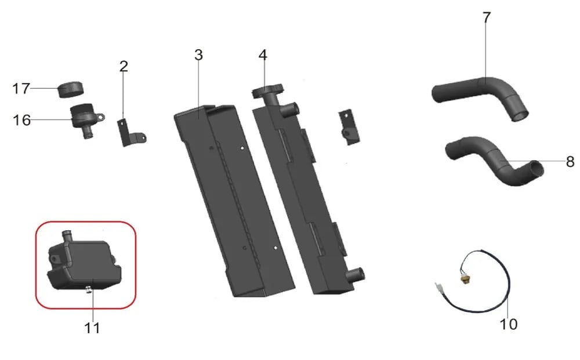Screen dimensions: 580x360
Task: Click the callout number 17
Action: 21,89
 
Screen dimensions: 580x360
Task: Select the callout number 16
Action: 21,120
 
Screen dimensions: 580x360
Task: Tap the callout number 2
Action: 124,67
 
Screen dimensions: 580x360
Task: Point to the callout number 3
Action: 198,55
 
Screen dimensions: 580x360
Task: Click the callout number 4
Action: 263,55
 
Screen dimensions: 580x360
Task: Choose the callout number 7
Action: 487,17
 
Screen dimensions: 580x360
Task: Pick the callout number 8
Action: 570,162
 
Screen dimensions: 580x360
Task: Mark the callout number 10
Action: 509,324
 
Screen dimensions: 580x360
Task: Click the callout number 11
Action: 92,328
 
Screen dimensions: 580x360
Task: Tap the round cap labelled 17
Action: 71,89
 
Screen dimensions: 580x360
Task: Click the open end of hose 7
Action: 520,116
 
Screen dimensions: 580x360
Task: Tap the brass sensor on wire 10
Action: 463,278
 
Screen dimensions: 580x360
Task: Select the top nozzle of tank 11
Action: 67,235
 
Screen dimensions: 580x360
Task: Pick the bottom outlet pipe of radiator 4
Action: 356,275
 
